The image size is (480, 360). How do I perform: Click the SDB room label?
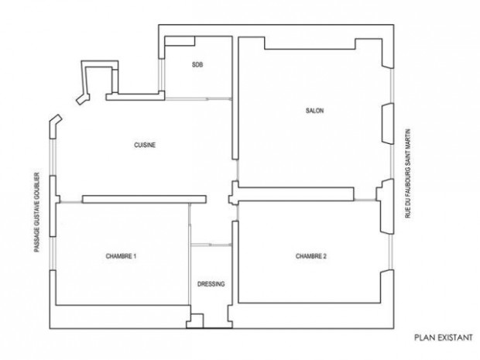197,64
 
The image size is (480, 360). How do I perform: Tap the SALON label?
314,111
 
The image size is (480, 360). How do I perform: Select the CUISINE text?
145,145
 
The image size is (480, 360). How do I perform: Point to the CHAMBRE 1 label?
121,256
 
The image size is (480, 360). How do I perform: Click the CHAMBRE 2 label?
311,256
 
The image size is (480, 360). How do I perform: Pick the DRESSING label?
211,284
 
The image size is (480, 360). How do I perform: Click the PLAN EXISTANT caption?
444,338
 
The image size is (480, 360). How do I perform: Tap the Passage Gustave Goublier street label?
36,212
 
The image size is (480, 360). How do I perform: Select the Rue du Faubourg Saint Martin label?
407,173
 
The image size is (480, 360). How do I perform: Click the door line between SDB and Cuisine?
198,98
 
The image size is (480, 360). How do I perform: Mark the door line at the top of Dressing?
211,245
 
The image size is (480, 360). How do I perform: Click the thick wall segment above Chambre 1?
144,199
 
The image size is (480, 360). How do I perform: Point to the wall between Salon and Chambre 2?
296,194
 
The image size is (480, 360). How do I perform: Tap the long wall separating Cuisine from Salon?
235,98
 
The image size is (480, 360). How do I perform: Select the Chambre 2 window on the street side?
391,252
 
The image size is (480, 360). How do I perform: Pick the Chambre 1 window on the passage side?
53,253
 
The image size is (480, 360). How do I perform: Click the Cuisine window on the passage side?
53,157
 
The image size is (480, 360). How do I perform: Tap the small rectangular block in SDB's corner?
180,41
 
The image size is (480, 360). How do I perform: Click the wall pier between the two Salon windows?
388,124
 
